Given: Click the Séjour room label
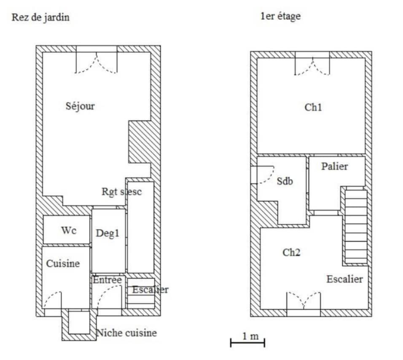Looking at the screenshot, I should click(x=80, y=106).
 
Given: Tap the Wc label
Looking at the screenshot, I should click(x=69, y=231).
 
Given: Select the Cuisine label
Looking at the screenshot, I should click(x=63, y=264).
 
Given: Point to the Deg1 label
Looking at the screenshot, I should click(x=107, y=233).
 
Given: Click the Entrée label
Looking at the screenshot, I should click(x=107, y=280).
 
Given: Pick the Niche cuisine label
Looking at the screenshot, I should click(x=126, y=333).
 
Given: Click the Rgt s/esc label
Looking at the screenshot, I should click(x=122, y=191).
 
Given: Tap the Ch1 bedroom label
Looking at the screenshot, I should click(x=313, y=107).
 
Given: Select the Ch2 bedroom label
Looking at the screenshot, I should click(x=291, y=253).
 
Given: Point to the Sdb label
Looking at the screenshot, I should click(x=285, y=182).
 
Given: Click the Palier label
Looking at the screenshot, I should click(x=335, y=167).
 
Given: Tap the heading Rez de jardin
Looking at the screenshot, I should click(x=40, y=18).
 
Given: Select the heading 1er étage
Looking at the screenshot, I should click(x=281, y=17).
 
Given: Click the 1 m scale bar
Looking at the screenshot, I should click(x=247, y=342).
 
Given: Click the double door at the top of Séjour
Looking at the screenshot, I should click(x=97, y=62).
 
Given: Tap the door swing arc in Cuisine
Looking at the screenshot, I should click(x=53, y=301).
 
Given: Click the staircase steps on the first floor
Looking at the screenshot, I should click(x=356, y=226).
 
